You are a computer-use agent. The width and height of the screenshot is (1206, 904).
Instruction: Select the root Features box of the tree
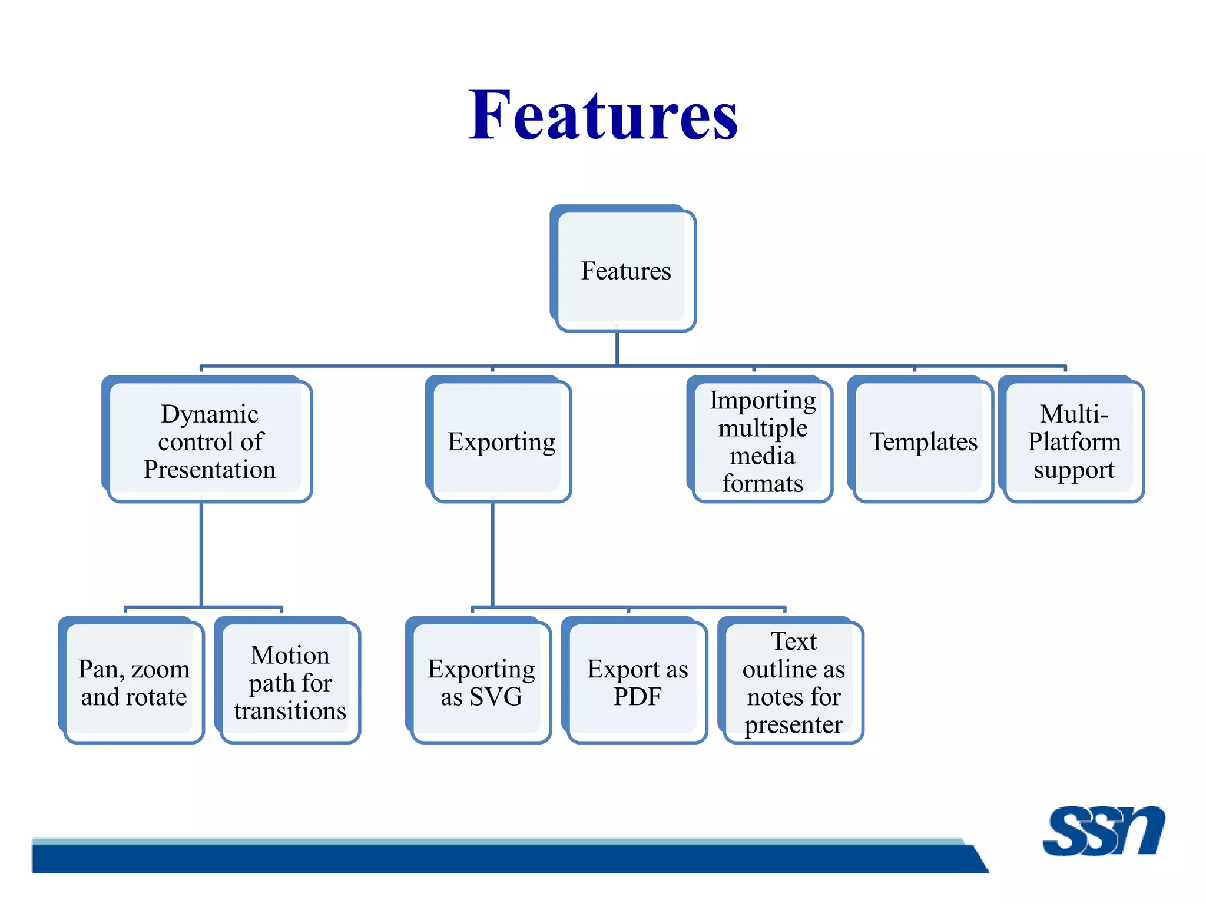(625, 270)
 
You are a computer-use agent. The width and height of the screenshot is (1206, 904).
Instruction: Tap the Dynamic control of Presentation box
(209, 441)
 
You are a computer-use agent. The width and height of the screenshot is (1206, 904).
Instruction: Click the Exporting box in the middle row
(501, 441)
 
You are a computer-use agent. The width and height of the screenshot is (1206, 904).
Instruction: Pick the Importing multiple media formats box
(762, 441)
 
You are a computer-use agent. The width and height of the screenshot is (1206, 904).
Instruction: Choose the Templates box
(923, 441)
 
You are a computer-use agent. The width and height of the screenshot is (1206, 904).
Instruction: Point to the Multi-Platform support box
(1074, 441)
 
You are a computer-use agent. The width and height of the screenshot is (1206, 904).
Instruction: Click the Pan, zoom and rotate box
(134, 683)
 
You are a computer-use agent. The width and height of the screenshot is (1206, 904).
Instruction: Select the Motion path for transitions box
(290, 683)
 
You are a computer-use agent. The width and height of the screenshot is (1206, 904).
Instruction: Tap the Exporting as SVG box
(481, 683)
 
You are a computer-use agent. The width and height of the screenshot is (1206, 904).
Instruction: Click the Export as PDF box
(637, 683)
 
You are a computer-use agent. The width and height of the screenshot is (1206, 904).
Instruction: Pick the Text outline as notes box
(793, 683)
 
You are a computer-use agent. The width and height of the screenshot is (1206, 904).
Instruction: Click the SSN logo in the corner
(1103, 830)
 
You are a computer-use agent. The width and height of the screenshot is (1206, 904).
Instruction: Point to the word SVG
(496, 697)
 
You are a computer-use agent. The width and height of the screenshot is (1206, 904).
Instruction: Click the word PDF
(637, 697)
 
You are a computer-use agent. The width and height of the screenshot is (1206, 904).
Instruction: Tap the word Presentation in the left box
(210, 470)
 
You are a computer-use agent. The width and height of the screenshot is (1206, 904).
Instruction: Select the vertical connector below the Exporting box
(492, 553)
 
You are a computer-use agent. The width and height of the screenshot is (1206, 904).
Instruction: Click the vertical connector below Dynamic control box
(201, 553)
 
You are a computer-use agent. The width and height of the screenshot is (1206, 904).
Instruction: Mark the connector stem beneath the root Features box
(617, 348)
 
